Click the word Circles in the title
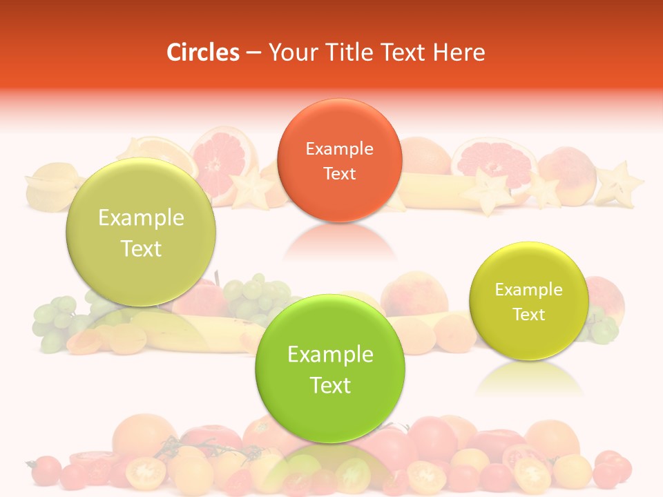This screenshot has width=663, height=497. [203, 52]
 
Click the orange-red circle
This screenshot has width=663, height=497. [339, 160]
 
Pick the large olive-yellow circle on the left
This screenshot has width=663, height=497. [141, 232]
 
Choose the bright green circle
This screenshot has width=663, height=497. [330, 369]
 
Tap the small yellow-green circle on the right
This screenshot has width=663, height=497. [528, 301]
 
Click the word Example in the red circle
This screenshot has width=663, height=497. [339, 148]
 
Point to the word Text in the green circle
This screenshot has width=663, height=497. [330, 385]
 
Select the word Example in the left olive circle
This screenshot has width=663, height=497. [141, 218]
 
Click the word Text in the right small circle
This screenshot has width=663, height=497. [528, 315]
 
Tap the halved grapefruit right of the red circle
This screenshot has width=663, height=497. [494, 164]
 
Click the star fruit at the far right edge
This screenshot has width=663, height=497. [619, 185]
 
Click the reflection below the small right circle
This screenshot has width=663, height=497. [528, 378]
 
